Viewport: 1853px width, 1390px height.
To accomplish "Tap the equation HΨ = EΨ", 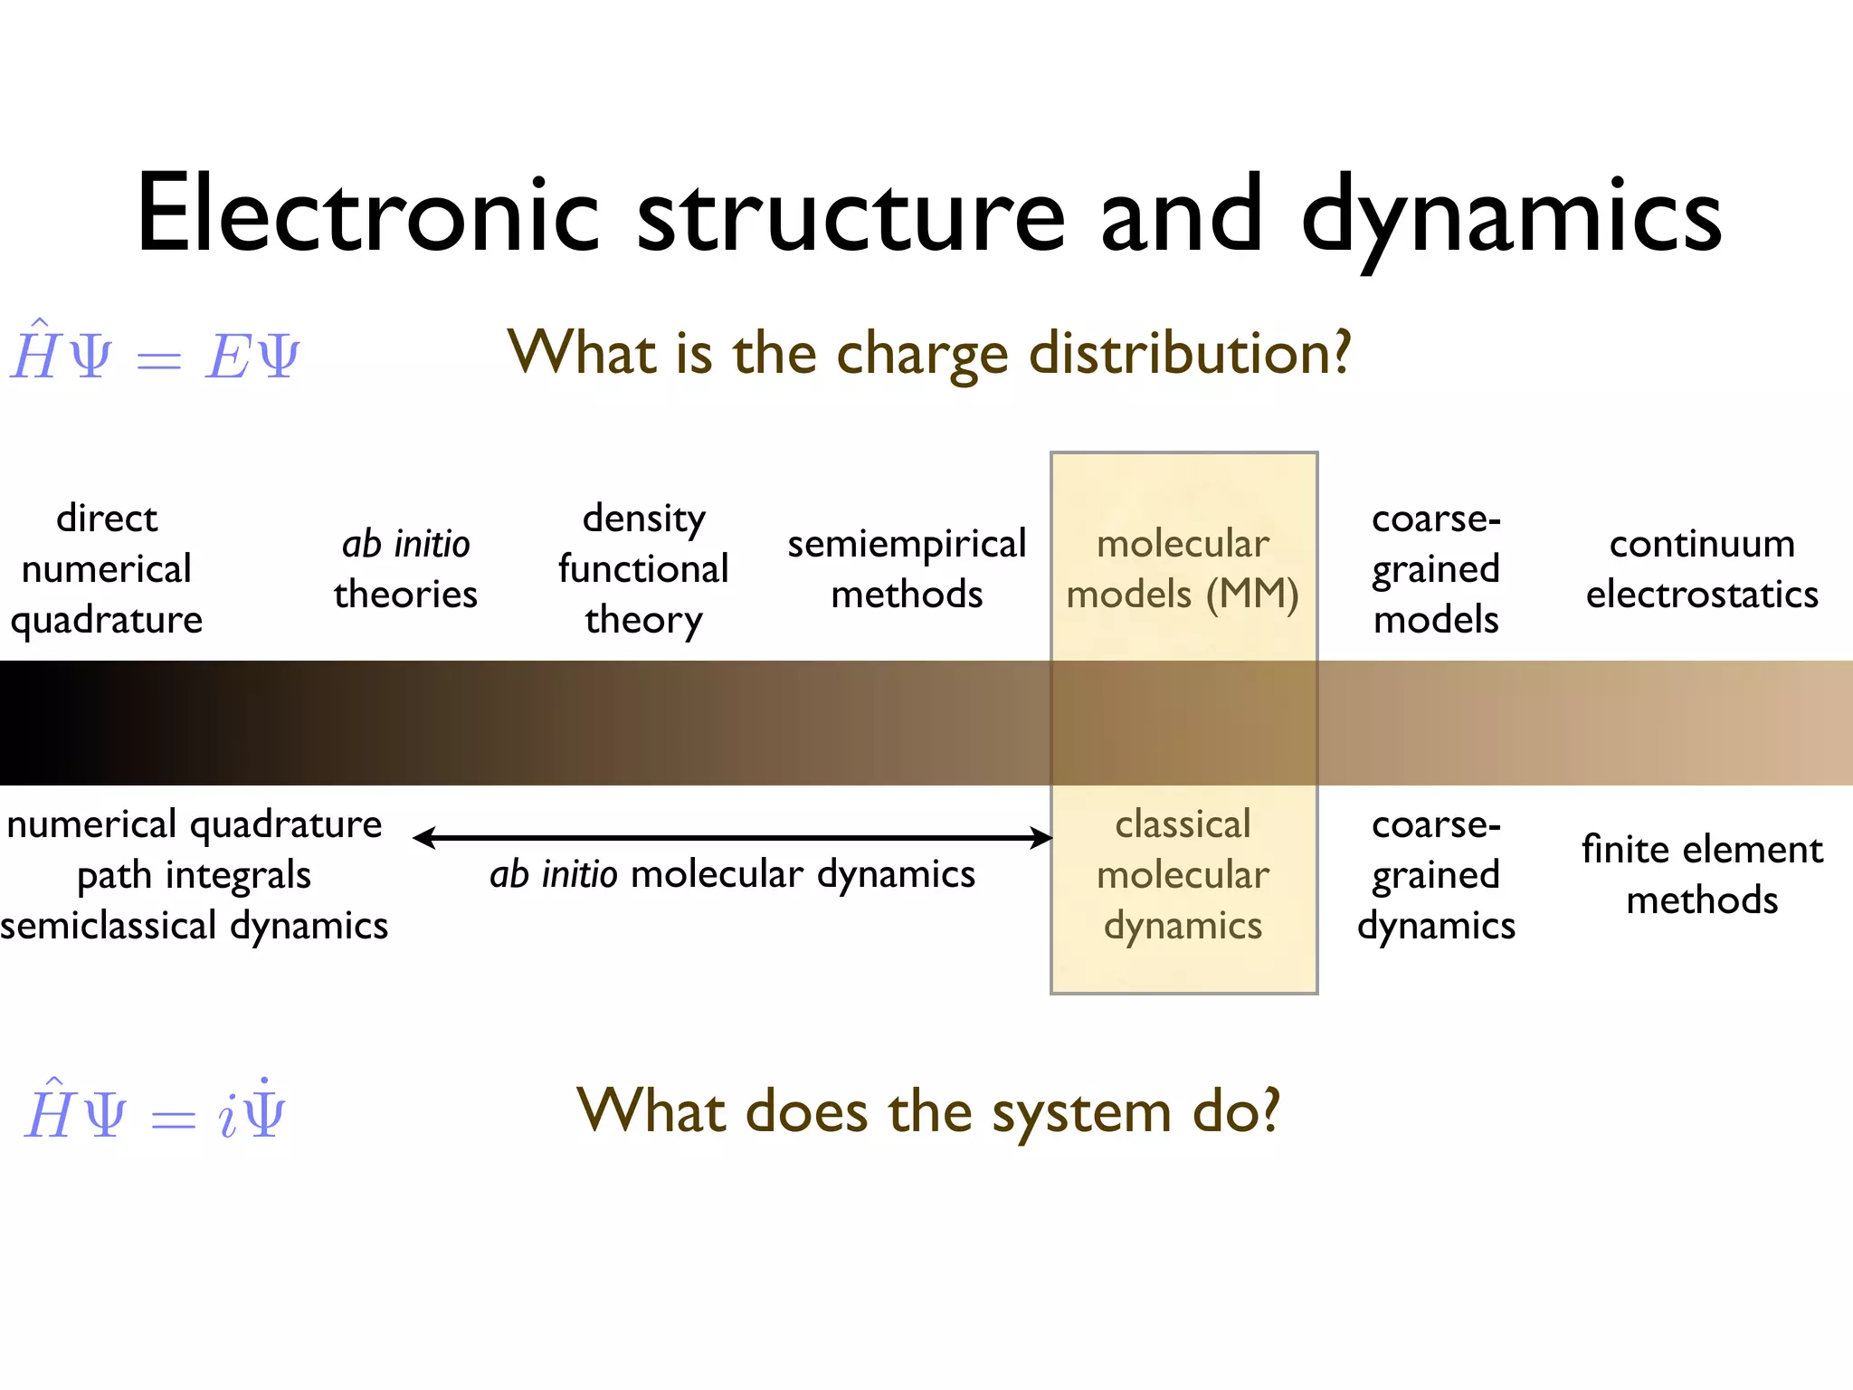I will point(155,354).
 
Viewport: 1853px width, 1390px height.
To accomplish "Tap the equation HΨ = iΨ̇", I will point(155,1112).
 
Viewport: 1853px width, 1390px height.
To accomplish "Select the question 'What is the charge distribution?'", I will point(928,353).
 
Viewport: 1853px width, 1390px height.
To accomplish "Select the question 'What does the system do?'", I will point(928,1110).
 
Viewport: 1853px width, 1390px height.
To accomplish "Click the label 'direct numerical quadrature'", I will point(107,569).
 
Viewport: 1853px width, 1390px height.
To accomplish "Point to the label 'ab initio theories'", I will point(405,569).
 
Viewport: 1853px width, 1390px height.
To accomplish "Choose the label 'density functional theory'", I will point(643,569).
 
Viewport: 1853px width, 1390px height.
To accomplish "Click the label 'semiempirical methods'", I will point(907,569).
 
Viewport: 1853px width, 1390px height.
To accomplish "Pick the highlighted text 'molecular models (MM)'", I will point(1183,569).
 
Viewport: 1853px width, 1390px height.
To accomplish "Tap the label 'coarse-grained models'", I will point(1436,569).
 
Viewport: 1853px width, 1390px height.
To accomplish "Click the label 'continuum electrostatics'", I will point(1702,569).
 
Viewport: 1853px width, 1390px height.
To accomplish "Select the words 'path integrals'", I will point(194,875).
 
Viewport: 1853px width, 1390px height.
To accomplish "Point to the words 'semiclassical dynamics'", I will point(194,926).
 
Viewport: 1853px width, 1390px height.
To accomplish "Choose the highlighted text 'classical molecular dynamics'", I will point(1183,875).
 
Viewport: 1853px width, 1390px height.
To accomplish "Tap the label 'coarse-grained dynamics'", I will point(1436,875).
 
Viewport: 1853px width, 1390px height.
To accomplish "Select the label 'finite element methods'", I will point(1702,875).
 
